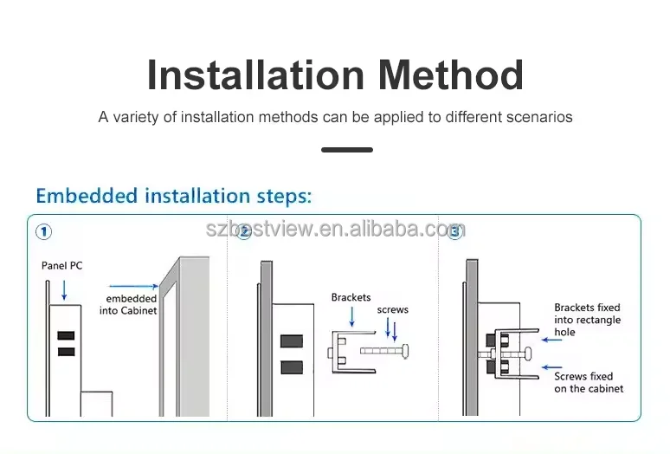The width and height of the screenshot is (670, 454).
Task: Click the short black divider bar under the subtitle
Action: (347, 150)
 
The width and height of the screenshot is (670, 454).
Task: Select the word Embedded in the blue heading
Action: (87, 196)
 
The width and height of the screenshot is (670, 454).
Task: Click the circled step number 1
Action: (43, 231)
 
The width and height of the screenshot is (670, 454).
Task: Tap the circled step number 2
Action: (244, 231)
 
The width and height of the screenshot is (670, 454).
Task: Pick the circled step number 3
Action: (454, 231)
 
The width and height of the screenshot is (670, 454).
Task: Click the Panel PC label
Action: (62, 265)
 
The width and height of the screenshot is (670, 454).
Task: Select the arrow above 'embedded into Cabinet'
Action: (132, 285)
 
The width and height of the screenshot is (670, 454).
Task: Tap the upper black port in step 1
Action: (66, 335)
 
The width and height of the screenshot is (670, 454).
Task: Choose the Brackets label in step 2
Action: (351, 298)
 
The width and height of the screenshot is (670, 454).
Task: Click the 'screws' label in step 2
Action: (392, 309)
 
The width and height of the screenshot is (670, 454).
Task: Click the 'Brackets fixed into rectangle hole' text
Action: (588, 320)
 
